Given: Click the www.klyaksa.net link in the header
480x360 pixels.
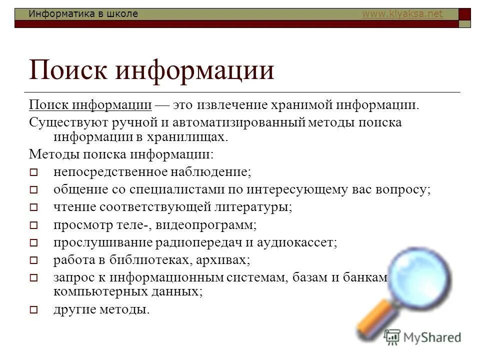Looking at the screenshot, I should pyautogui.click(x=402, y=14).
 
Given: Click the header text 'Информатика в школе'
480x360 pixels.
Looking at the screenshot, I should pyautogui.click(x=83, y=14).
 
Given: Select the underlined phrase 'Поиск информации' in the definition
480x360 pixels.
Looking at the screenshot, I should pyautogui.click(x=90, y=105).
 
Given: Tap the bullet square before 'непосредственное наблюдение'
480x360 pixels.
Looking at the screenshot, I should pyautogui.click(x=33, y=172).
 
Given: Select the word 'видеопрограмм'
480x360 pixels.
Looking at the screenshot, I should pyautogui.click(x=206, y=225).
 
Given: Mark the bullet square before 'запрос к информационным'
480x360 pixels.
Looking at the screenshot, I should pyautogui.click(x=33, y=277).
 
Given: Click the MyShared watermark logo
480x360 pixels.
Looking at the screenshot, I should pyautogui.click(x=422, y=336).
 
